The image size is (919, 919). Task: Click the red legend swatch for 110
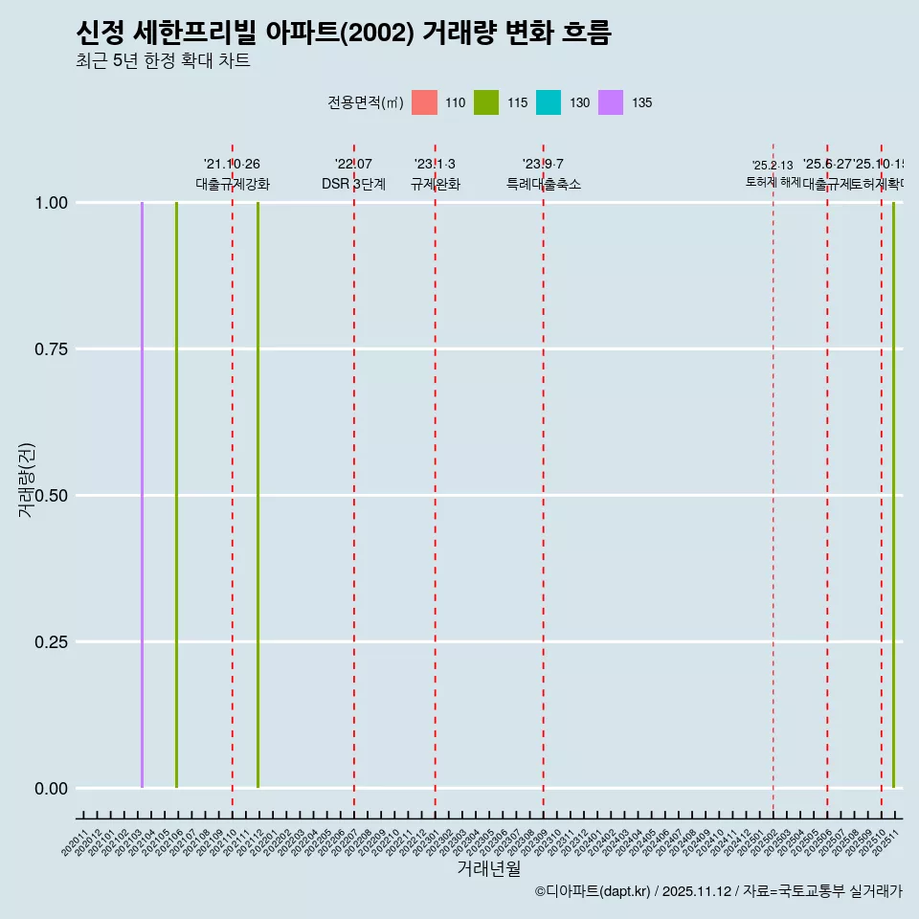click(424, 102)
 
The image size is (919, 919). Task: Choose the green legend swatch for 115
click(486, 102)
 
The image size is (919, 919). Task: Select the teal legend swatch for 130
click(549, 102)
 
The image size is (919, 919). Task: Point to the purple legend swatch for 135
click(611, 102)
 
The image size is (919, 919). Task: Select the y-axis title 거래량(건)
click(27, 479)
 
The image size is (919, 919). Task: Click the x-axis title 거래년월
click(488, 869)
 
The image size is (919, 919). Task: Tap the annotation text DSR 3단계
click(353, 185)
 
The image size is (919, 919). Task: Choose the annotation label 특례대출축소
click(544, 185)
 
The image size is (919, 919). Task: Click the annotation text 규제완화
click(436, 185)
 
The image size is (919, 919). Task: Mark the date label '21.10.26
click(232, 165)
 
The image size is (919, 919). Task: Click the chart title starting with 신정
click(343, 33)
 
